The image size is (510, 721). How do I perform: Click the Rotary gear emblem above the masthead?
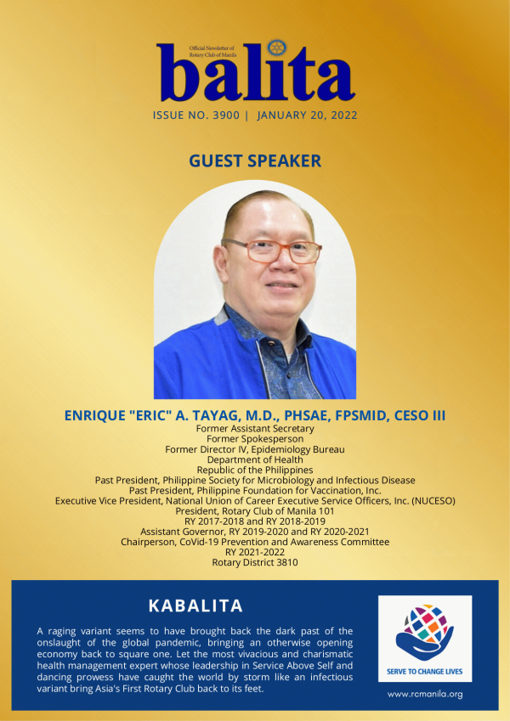[276, 48]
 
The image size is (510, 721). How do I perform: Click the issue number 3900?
[226, 115]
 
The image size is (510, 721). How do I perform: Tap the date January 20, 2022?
[308, 115]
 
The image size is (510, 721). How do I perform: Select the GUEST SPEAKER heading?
[255, 161]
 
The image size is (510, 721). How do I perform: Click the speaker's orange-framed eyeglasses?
[271, 251]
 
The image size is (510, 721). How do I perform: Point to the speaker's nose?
[285, 262]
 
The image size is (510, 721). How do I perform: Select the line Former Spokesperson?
[255, 439]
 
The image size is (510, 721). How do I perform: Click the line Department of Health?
[255, 459]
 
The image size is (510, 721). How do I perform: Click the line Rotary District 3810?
[255, 562]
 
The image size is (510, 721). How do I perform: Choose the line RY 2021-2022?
[255, 552]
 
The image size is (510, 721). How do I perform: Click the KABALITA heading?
[195, 606]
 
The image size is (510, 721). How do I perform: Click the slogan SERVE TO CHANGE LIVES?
[425, 672]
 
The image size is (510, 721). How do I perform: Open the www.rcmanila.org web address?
[425, 695]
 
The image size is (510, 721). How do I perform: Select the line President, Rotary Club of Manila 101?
[255, 511]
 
